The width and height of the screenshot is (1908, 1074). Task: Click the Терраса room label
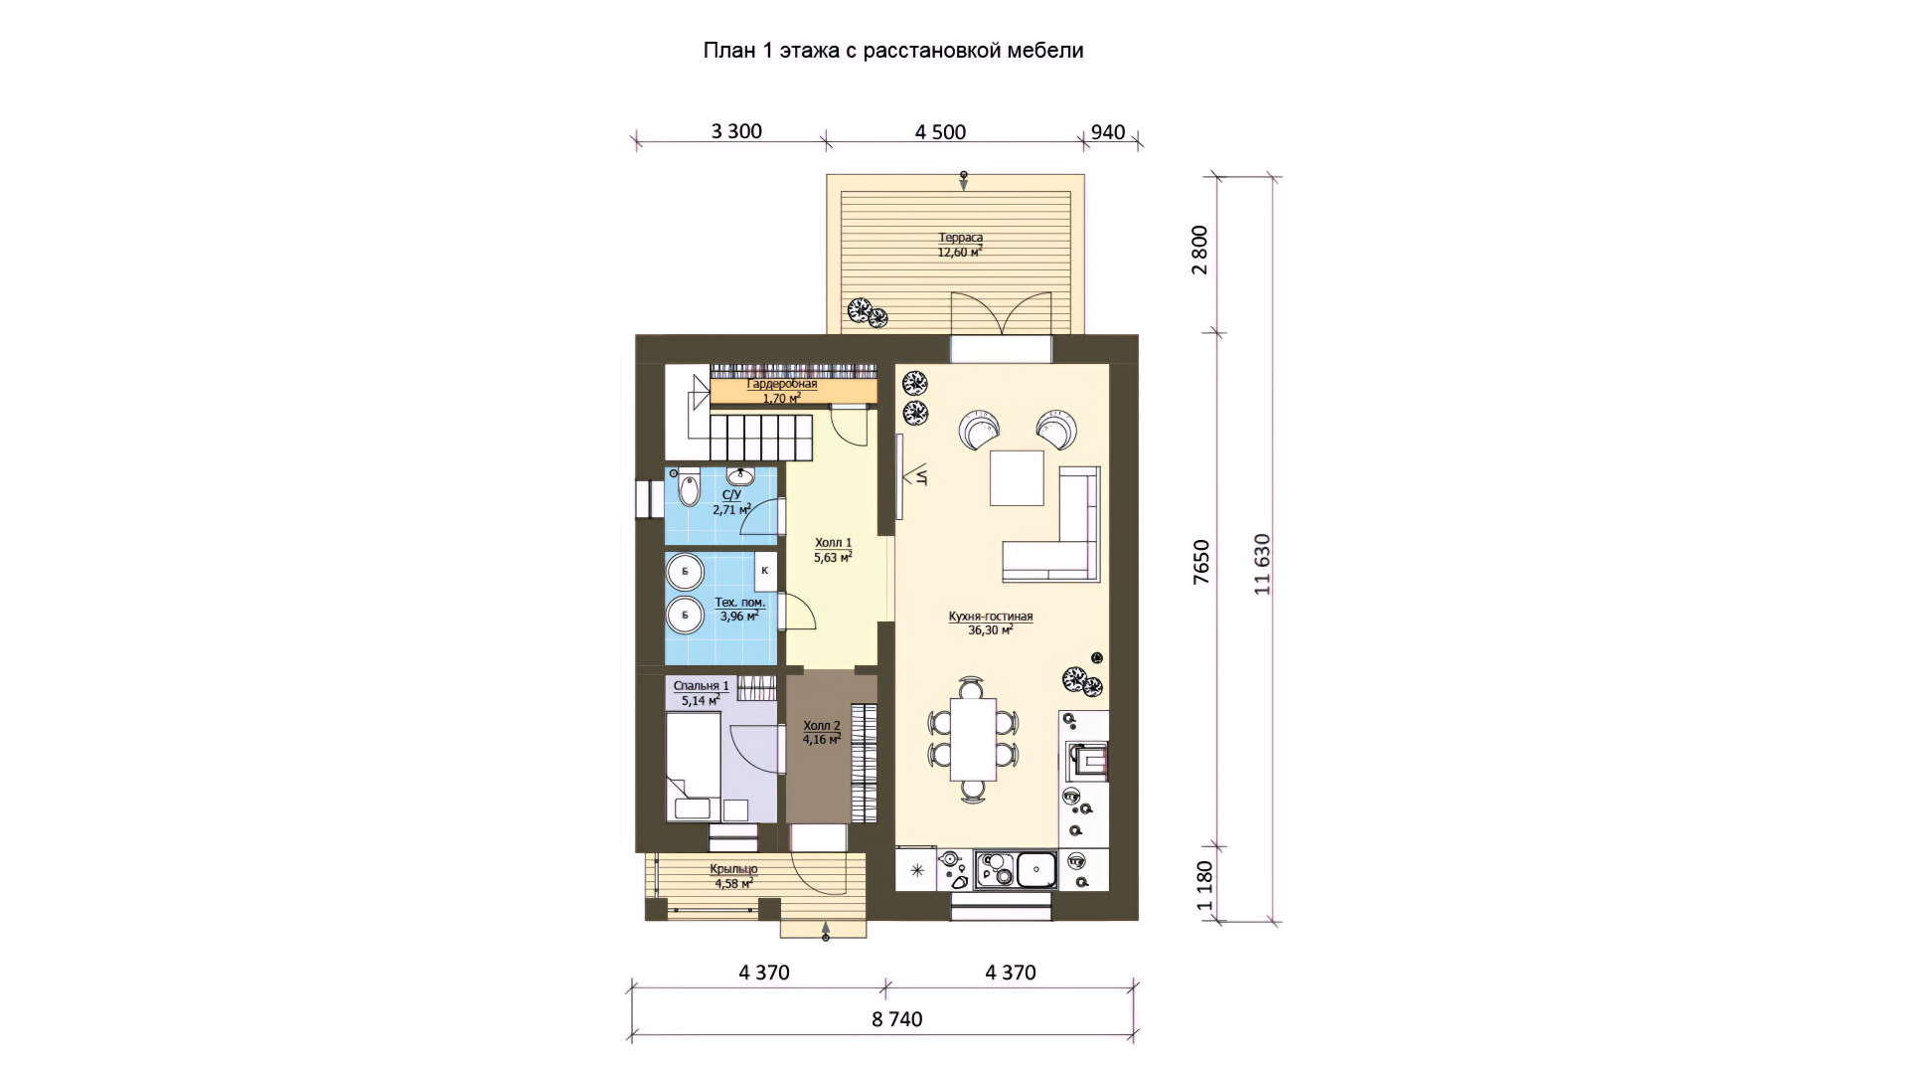tap(960, 238)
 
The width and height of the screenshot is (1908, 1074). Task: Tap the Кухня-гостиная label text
tap(991, 617)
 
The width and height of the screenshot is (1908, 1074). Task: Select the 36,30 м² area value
tap(991, 630)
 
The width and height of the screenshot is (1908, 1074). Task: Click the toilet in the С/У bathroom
tap(689, 488)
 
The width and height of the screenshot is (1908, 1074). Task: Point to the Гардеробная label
tap(782, 384)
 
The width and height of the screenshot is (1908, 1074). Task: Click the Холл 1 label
tap(833, 543)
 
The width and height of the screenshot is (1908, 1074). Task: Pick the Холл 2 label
tap(822, 726)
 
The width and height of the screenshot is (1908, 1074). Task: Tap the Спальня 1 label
tap(701, 686)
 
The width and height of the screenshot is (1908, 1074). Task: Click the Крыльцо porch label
tap(733, 869)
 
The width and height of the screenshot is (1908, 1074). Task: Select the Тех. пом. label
tap(739, 603)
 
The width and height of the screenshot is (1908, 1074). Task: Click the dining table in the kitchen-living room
tap(973, 739)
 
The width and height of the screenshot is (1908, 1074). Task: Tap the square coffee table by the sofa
tap(1017, 478)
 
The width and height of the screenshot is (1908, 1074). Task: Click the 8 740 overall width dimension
tap(897, 1019)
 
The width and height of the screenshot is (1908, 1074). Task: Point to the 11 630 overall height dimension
tap(1262, 564)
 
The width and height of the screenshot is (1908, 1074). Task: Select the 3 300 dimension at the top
tap(736, 131)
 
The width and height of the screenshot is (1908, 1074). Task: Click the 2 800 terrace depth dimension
tap(1200, 250)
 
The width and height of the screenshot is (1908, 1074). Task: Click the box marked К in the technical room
tap(764, 571)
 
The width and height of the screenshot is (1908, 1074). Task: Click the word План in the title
tap(729, 50)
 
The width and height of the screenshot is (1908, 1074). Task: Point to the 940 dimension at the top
tap(1108, 132)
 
